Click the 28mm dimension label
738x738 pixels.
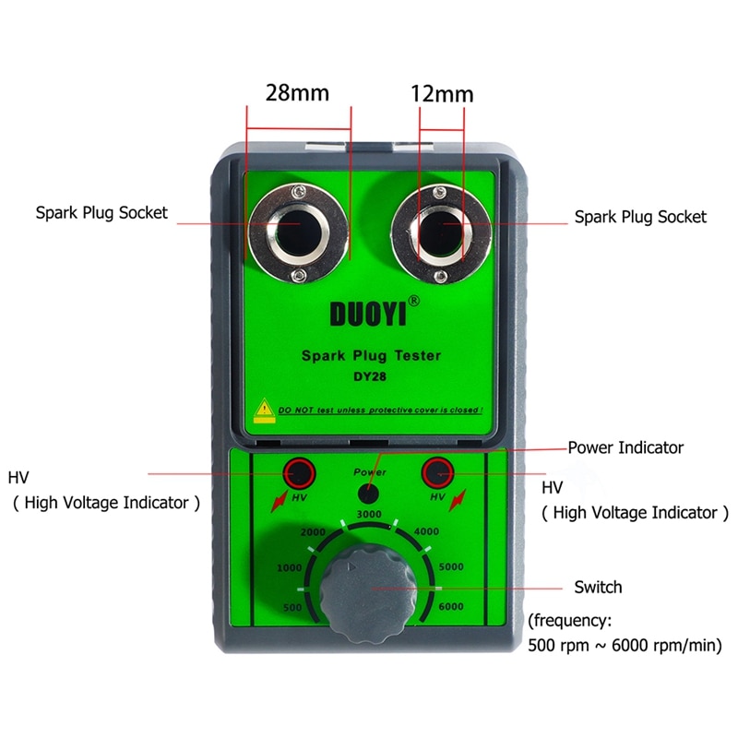pos(297,93)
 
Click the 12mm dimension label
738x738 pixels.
pos(442,94)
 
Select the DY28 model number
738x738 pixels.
pos(370,376)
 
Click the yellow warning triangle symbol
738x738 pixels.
pos(265,408)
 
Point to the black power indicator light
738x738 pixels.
pos(368,494)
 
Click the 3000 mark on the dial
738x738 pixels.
pos(369,514)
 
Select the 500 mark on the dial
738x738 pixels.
pos(292,608)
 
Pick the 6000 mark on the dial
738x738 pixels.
pos(451,607)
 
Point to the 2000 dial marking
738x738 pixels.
pos(313,532)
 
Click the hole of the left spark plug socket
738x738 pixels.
pos(296,233)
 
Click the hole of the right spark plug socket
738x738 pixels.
pos(440,234)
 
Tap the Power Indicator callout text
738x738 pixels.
pos(625,447)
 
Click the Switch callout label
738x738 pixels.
pos(598,588)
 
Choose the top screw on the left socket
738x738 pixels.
pos(296,191)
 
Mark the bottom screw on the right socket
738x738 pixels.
pos(441,277)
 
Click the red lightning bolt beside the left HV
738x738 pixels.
pos(280,502)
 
